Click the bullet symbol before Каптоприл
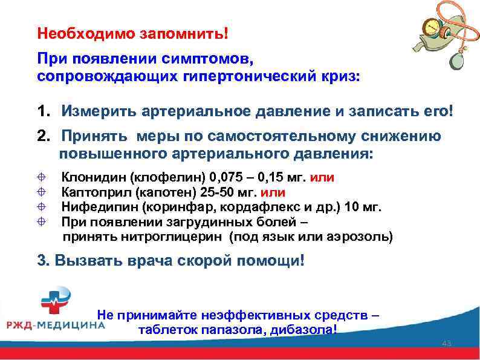click(42, 192)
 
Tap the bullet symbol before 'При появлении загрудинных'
click(42, 221)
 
